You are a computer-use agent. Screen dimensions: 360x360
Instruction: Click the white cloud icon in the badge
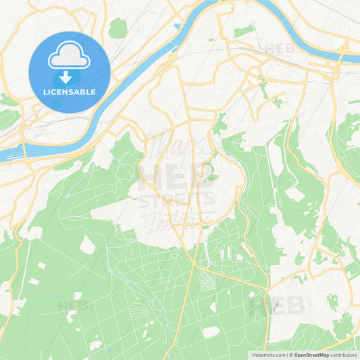click(x=69, y=56)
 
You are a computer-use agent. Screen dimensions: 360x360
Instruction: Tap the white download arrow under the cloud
click(x=69, y=76)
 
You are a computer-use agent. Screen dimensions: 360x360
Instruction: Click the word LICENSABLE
click(x=70, y=92)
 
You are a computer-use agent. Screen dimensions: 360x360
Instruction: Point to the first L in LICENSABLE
click(x=45, y=92)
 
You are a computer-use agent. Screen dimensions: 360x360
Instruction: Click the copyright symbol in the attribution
click(x=290, y=355)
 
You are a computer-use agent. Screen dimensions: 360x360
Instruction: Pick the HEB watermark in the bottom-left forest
click(x=72, y=306)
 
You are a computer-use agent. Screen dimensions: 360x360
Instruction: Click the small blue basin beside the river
click(x=177, y=27)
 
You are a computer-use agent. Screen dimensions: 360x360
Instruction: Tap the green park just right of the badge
click(x=118, y=28)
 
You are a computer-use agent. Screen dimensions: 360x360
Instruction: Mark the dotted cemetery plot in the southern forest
click(x=207, y=280)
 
